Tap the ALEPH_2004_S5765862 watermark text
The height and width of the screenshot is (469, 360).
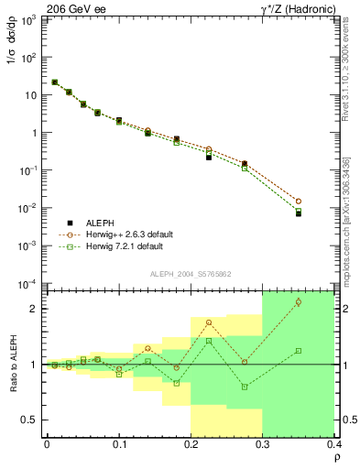click(x=198, y=273)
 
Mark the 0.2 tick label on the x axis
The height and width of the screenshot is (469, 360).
click(x=191, y=445)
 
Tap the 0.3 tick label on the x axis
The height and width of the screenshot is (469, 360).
click(x=263, y=445)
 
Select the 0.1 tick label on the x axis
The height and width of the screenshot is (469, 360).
click(x=118, y=445)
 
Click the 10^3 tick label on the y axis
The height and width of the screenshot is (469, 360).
click(x=29, y=19)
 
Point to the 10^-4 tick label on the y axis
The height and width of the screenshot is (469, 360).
click(x=28, y=283)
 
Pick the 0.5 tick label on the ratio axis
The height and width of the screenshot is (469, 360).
click(x=30, y=420)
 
